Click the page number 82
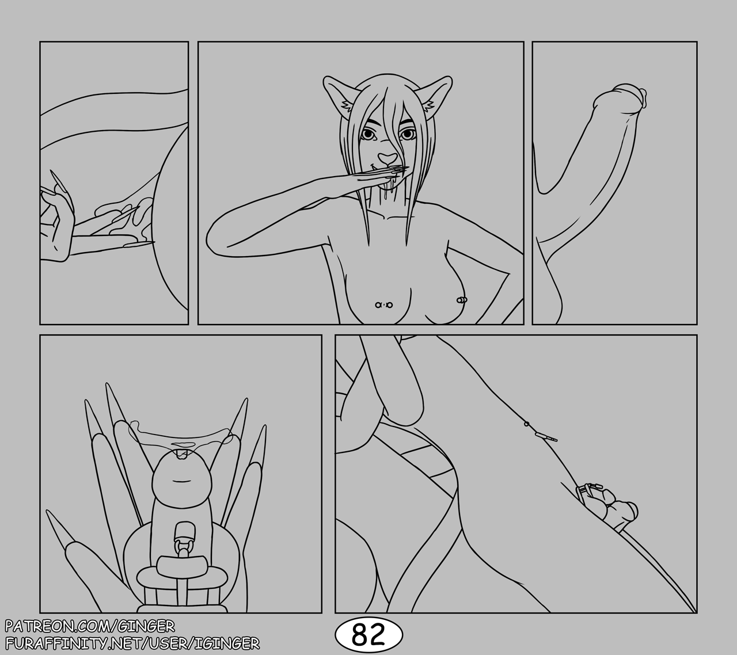tap(368, 634)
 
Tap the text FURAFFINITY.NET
tap(73, 643)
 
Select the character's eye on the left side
tap(369, 135)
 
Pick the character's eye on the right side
tap(406, 135)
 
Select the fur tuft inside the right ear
tap(430, 106)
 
